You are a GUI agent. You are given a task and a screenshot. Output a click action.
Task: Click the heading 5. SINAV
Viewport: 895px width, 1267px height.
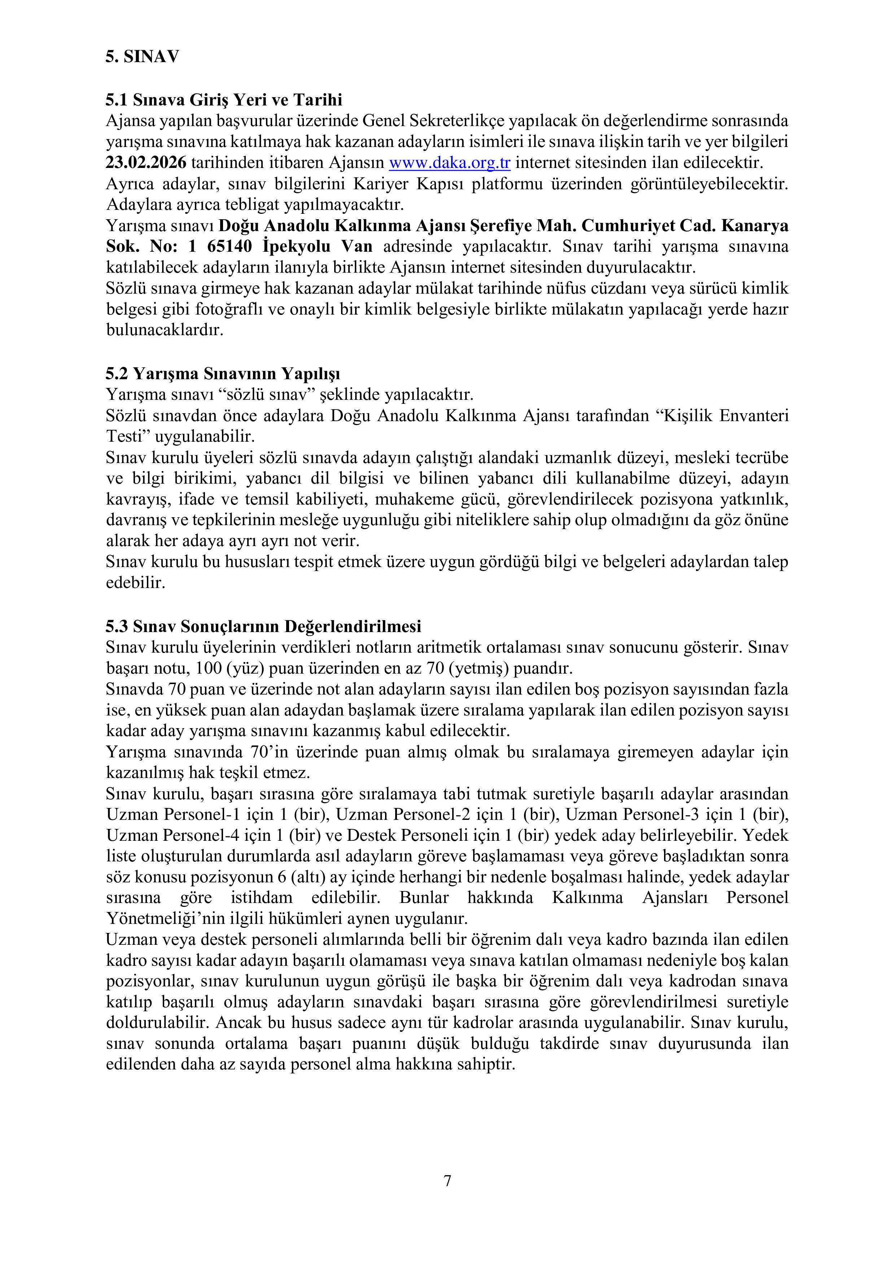pyautogui.click(x=142, y=57)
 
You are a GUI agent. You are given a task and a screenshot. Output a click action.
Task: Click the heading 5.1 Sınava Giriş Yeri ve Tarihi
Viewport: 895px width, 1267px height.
pyautogui.click(x=224, y=100)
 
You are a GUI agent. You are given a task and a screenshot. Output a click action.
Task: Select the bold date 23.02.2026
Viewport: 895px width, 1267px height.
pyautogui.click(x=146, y=163)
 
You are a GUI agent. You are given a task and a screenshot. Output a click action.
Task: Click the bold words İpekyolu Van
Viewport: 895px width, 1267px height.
pyautogui.click(x=318, y=246)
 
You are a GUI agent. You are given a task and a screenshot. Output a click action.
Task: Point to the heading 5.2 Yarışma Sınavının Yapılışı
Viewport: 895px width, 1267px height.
pyautogui.click(x=223, y=374)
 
